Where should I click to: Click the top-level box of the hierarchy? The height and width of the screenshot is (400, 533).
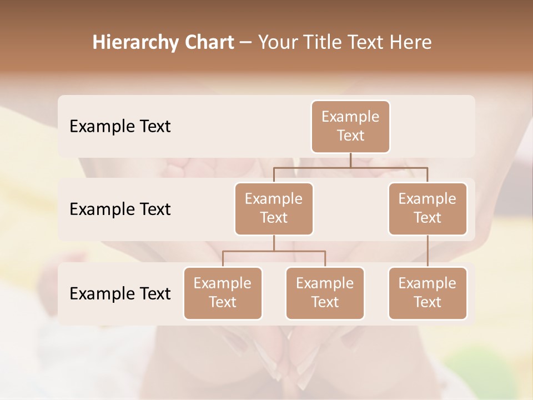click(350, 127)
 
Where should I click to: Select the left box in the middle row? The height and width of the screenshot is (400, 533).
click(274, 208)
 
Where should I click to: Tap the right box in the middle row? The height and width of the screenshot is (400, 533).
click(428, 208)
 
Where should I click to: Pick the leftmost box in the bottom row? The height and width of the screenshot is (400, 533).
click(223, 293)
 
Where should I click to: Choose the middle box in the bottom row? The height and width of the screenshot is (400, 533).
click(325, 293)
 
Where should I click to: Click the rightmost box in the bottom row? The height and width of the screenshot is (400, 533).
click(428, 293)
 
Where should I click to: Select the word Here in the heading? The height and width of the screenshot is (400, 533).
click(411, 43)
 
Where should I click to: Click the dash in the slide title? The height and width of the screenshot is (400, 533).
click(245, 43)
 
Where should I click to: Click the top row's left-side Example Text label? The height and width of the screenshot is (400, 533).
click(120, 127)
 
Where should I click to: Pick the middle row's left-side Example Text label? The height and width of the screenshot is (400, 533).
click(120, 209)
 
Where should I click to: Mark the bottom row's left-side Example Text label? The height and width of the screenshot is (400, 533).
click(120, 293)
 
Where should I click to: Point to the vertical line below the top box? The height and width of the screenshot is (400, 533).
click(350, 160)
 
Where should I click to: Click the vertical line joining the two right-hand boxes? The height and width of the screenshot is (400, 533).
click(428, 251)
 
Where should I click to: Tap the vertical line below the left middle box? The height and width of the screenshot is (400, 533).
click(274, 243)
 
